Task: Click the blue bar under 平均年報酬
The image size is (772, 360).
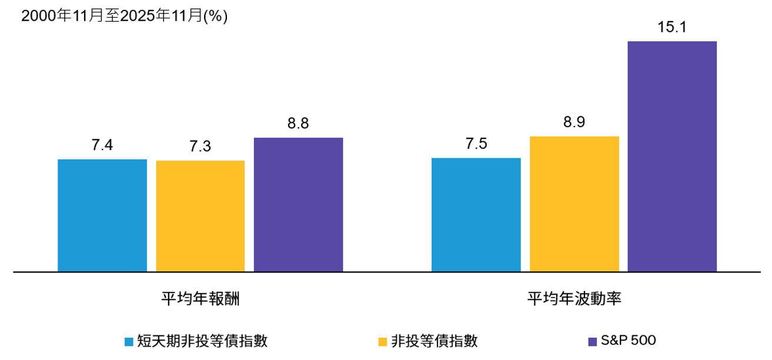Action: [102, 215]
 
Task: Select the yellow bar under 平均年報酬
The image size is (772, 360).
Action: [200, 216]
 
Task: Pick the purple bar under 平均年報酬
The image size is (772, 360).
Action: [298, 205]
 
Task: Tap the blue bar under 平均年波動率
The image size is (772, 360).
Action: [476, 215]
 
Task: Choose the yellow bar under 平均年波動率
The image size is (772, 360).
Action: [574, 204]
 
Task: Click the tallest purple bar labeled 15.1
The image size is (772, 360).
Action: [672, 156]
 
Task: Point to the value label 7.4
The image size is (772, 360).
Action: [102, 145]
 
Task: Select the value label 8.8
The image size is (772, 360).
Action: [298, 124]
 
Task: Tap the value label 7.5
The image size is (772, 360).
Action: [476, 144]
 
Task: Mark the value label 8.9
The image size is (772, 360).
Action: [574, 123]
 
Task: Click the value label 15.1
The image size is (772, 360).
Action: [672, 28]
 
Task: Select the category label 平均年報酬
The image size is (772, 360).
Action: [200, 298]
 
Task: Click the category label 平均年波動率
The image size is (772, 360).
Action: [574, 298]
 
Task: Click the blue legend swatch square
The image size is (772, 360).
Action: [129, 342]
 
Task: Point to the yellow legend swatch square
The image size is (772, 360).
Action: [383, 342]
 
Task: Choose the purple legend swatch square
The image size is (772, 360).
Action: [592, 342]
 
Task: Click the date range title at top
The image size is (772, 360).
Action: [124, 16]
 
